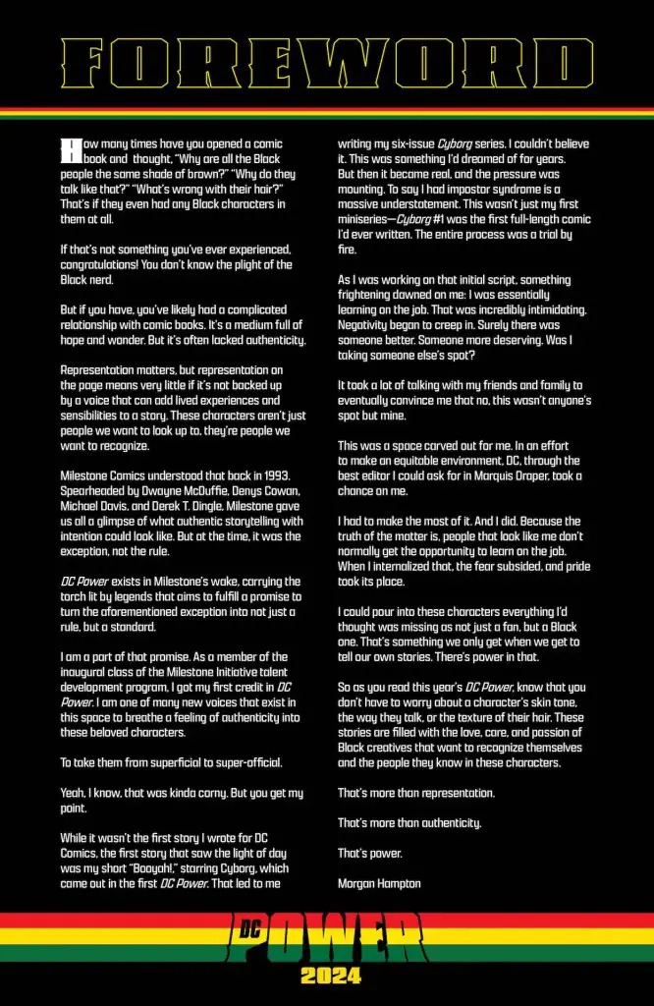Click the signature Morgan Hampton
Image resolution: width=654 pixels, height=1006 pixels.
pyautogui.click(x=379, y=883)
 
